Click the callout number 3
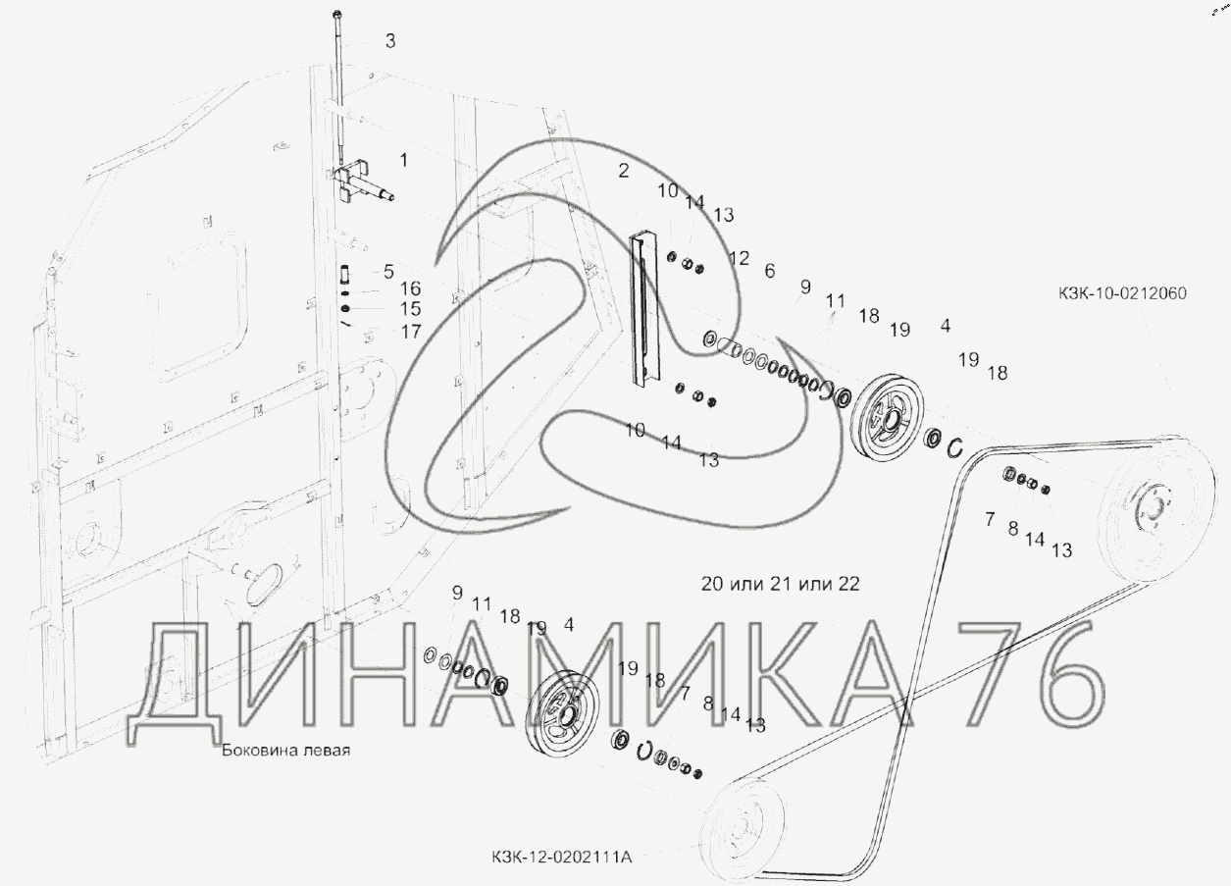[390, 40]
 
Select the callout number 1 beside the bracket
[404, 161]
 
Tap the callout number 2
[623, 171]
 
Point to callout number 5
[388, 271]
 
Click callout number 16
[410, 288]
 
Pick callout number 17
[411, 332]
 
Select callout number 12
[739, 258]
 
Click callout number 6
[769, 271]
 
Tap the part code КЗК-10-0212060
[1123, 293]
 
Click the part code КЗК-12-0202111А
[562, 857]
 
